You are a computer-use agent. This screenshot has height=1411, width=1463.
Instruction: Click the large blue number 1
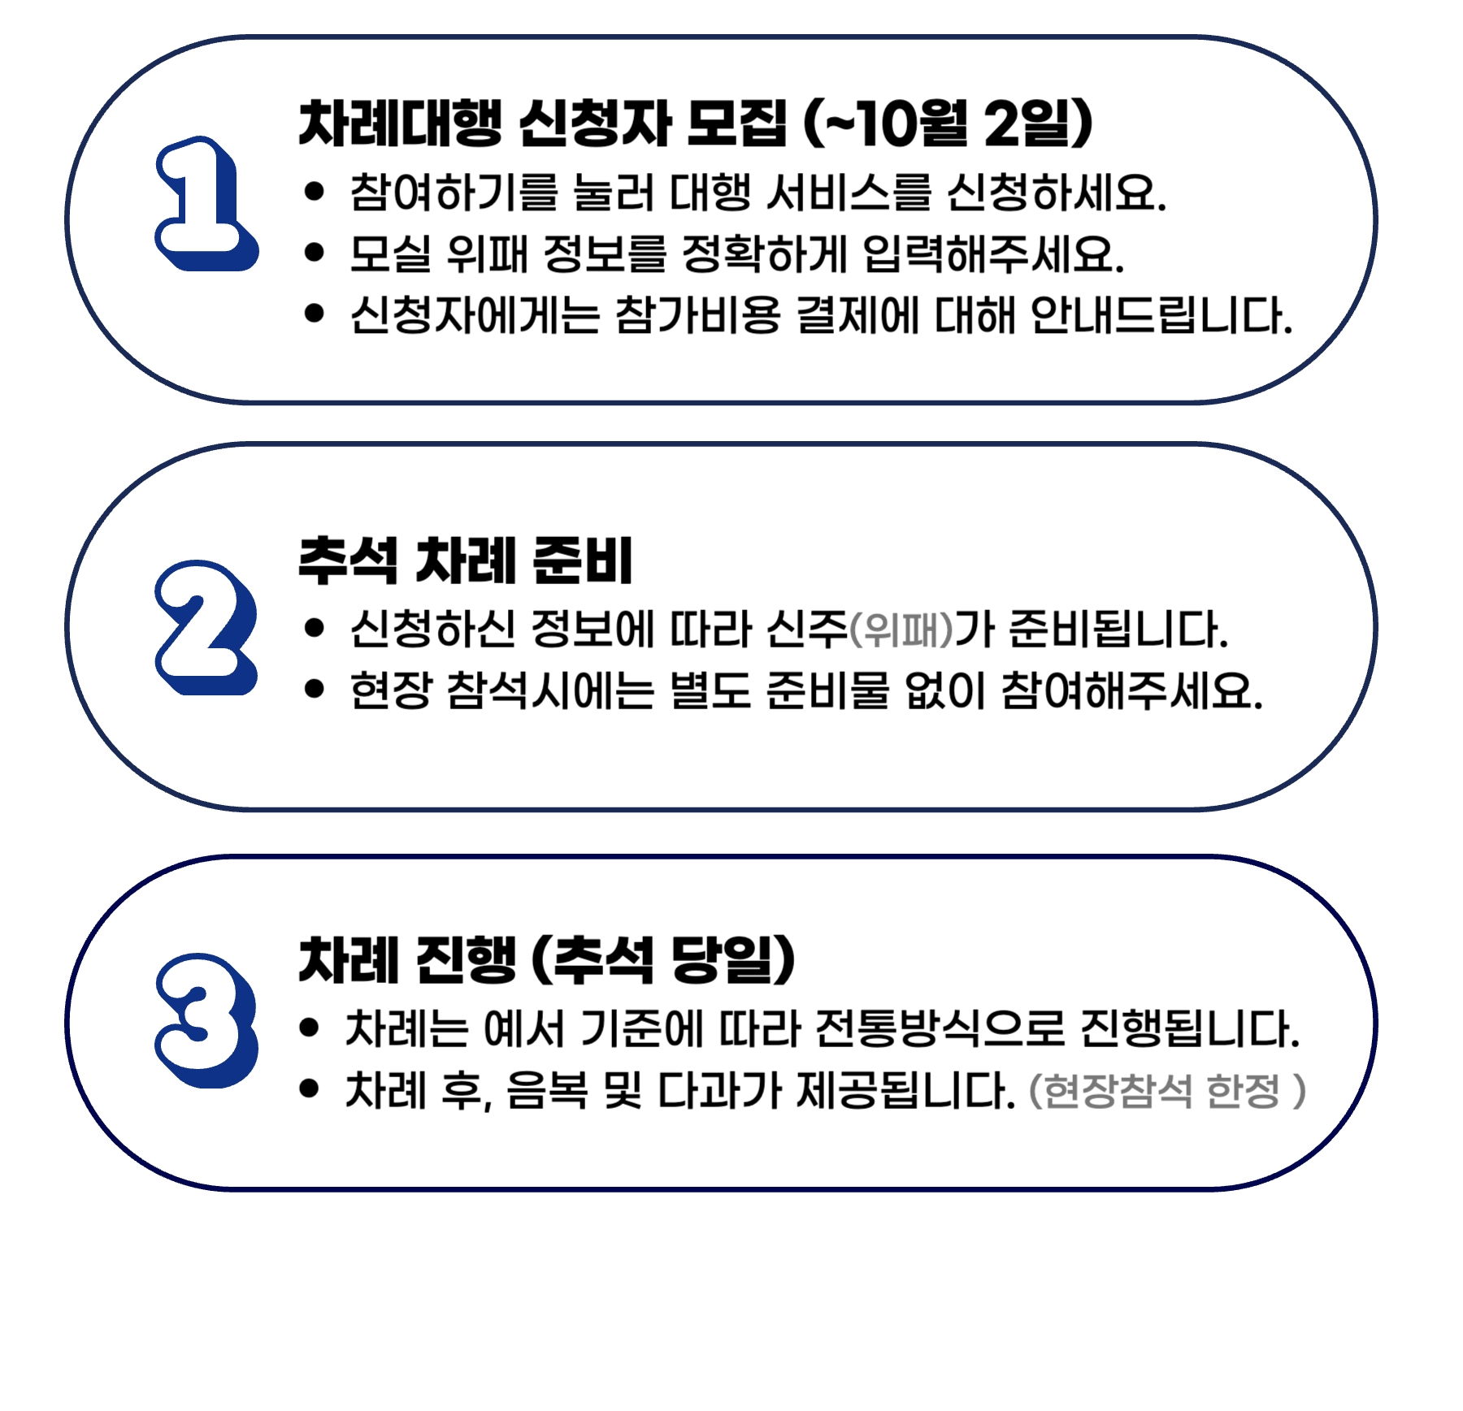[x=203, y=203]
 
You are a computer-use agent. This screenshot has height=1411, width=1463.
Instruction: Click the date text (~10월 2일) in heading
[x=948, y=124]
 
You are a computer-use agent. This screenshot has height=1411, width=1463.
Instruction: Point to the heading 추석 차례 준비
[x=465, y=561]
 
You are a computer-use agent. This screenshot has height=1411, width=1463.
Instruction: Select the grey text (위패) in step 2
[x=901, y=630]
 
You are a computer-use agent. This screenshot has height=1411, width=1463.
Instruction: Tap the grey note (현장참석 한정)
[x=1167, y=1091]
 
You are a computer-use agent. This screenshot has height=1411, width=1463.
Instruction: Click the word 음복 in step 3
[x=547, y=1091]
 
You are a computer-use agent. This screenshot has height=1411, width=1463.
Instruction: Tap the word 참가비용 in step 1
[x=697, y=315]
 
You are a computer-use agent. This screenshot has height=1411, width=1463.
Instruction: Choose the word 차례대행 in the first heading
[x=400, y=124]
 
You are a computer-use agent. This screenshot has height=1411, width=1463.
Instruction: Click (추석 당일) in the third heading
[x=662, y=960]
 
